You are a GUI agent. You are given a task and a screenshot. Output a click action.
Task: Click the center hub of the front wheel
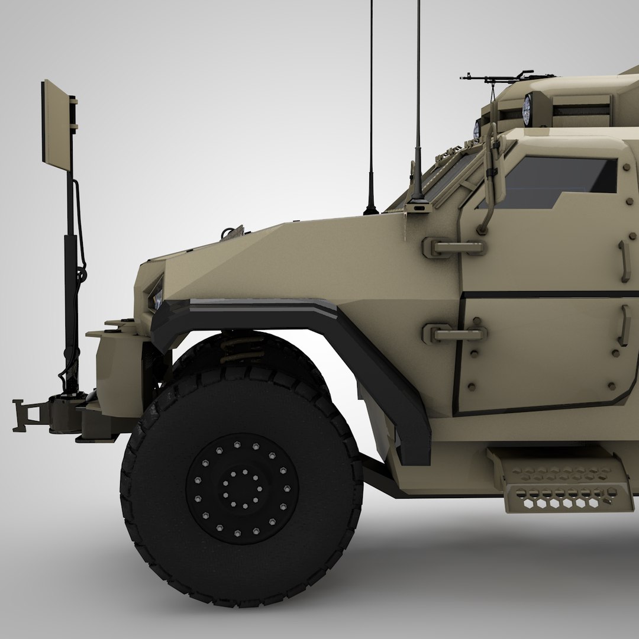[x=242, y=488]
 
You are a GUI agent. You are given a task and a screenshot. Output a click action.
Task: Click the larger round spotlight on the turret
[x=527, y=109]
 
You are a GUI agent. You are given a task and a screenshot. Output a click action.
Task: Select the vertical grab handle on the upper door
[x=625, y=261]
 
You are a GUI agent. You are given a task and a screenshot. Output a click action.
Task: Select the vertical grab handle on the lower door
[x=624, y=325]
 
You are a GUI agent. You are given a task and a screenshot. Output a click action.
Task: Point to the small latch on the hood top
[x=232, y=233]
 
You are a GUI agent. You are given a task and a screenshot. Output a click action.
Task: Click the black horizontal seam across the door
[x=544, y=294]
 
